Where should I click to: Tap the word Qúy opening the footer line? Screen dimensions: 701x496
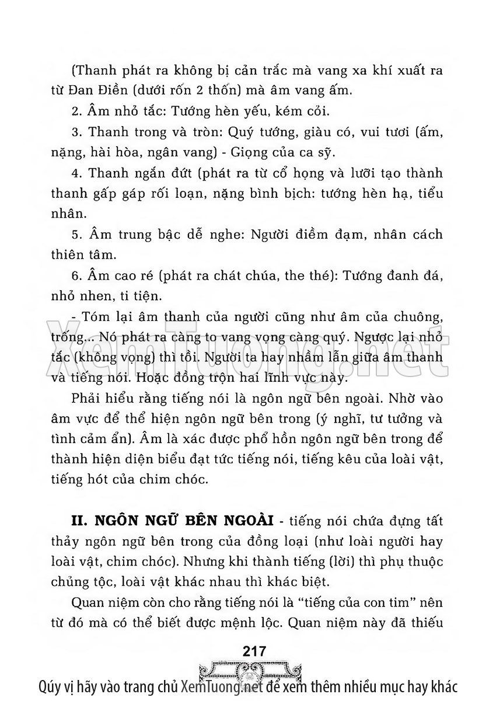(x=49, y=685)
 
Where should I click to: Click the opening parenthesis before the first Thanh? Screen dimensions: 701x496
(x=72, y=71)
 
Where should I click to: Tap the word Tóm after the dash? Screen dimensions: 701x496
(x=97, y=317)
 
